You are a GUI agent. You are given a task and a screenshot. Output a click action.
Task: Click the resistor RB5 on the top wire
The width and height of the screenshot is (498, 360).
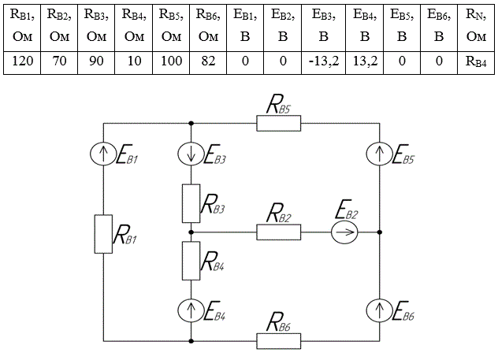click(278, 124)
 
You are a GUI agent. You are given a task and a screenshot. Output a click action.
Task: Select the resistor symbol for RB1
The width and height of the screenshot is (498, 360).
click(103, 234)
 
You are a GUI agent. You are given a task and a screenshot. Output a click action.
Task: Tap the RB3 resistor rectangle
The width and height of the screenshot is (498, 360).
click(191, 203)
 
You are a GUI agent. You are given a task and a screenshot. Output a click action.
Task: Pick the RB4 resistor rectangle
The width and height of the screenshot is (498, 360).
click(191, 261)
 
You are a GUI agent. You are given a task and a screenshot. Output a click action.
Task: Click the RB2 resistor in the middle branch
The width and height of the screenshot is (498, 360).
click(278, 232)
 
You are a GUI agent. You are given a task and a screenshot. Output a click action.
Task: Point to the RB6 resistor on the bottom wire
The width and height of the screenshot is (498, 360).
click(278, 341)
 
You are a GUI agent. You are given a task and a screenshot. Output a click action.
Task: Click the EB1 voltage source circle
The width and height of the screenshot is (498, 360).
click(103, 154)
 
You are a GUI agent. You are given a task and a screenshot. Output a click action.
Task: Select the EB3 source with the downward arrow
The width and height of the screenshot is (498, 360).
click(191, 154)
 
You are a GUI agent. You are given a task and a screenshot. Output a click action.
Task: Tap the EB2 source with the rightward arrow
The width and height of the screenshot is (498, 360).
click(344, 232)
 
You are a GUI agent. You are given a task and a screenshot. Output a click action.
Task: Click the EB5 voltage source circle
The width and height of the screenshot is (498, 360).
click(380, 154)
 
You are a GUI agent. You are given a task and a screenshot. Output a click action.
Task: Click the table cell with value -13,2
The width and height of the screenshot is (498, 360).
click(323, 62)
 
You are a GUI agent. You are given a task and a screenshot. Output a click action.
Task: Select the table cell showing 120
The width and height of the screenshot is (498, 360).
click(22, 62)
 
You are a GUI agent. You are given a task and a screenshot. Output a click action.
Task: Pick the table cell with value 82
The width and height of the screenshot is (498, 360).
click(208, 62)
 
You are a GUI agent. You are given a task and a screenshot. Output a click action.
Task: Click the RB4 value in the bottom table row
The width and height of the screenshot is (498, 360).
click(476, 62)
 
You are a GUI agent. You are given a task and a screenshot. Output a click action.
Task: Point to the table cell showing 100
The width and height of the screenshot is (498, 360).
click(171, 62)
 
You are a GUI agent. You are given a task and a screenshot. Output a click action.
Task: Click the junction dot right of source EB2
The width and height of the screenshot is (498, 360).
click(380, 232)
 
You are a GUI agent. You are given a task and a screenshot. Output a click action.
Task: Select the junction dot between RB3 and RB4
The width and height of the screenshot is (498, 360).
click(191, 232)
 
